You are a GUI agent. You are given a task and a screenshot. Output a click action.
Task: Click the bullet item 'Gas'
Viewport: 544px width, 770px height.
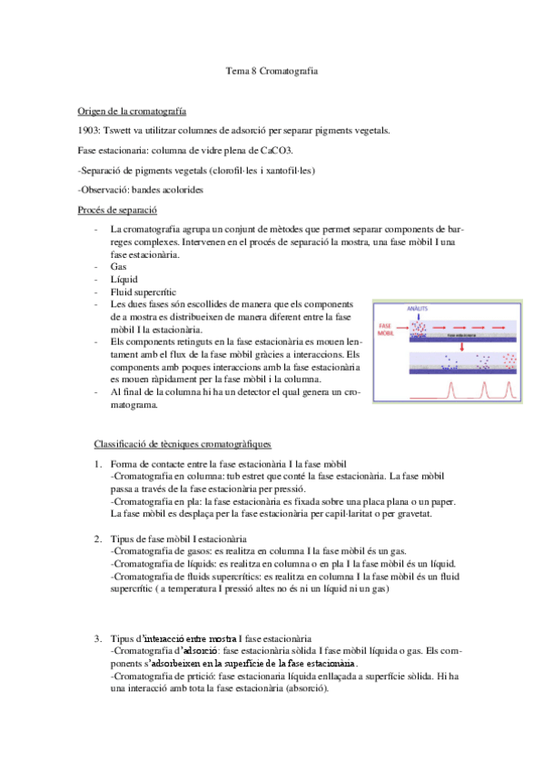point(118,268)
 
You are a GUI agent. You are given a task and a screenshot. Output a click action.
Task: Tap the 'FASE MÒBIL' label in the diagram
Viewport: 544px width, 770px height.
point(386,329)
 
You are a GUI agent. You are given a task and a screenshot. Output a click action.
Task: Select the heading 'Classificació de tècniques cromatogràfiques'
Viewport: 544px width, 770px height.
point(183,444)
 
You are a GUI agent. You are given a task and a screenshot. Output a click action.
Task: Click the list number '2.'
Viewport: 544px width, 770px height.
point(99,539)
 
